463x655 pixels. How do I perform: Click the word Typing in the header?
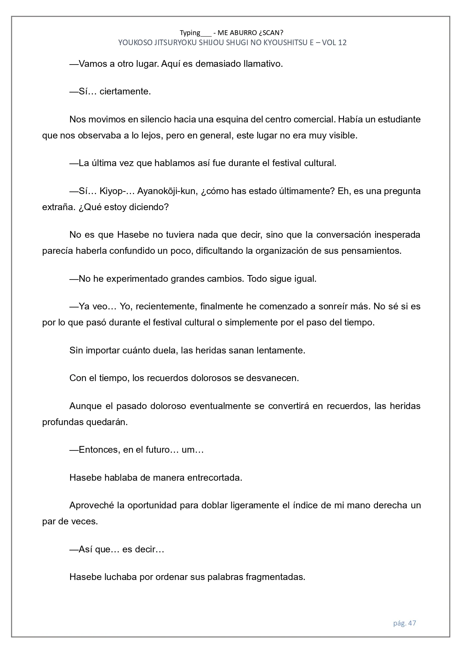[x=190, y=32]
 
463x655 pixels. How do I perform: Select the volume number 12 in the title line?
[x=342, y=43]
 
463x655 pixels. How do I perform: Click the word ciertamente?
[x=125, y=92]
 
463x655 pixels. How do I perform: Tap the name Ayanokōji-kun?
[x=166, y=191]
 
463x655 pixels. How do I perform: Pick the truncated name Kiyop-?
[x=112, y=191]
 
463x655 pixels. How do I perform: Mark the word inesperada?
[x=397, y=235]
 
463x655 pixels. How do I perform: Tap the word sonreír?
[x=333, y=307]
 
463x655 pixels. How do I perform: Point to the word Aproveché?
[x=91, y=506]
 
